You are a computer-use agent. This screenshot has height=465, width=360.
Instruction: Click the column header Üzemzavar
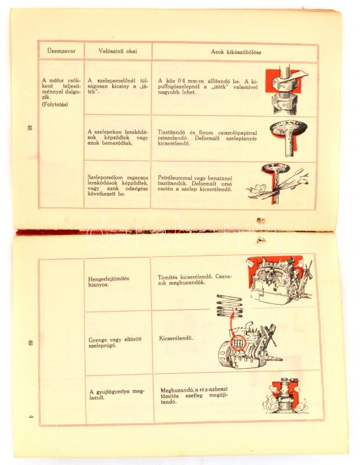(x=61, y=51)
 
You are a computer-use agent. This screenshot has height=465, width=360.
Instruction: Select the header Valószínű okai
(x=118, y=51)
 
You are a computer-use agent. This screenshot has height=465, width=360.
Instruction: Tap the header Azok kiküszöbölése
(x=236, y=52)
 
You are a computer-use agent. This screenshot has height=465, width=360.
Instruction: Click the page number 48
(x=29, y=128)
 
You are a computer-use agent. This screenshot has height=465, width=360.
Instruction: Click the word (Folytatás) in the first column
(x=55, y=105)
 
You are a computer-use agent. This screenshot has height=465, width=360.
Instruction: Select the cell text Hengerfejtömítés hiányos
(x=108, y=281)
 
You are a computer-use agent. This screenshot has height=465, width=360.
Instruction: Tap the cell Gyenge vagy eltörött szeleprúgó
(x=115, y=342)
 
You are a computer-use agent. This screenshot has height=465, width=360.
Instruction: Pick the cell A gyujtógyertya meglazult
(x=117, y=395)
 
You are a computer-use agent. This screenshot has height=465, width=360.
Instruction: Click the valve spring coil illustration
(x=229, y=306)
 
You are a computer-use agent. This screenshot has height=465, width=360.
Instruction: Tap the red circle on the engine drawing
(x=237, y=343)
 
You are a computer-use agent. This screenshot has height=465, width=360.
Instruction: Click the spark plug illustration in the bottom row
(x=285, y=395)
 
